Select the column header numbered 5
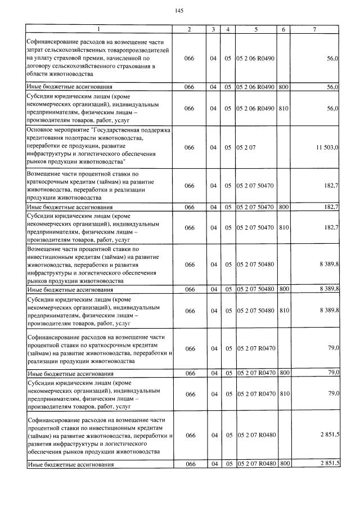(x=256, y=29)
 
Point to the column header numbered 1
(x=99, y=29)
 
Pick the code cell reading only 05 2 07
(x=246, y=147)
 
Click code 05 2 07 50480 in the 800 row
(x=256, y=289)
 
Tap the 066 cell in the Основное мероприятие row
(x=189, y=147)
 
